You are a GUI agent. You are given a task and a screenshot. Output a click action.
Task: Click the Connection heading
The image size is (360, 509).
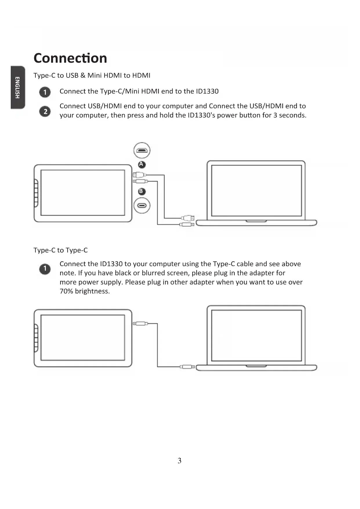click(70, 58)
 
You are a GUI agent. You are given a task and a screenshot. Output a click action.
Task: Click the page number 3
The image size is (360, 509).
click(180, 461)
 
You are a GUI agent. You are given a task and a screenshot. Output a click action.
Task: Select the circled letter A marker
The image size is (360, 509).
click(141, 164)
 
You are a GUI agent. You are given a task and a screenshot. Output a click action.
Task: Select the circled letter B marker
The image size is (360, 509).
click(141, 191)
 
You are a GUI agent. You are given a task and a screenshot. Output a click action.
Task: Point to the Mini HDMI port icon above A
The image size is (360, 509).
click(142, 151)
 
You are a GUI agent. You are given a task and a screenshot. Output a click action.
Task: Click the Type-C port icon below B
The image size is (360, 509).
click(142, 205)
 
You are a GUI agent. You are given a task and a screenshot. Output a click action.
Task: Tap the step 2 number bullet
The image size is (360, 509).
click(45, 111)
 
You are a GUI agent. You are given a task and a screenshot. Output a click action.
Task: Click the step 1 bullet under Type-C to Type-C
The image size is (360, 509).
click(45, 269)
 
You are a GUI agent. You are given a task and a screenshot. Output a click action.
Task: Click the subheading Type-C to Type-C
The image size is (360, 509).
click(60, 250)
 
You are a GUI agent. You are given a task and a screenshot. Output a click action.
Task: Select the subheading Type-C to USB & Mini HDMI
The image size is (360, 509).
click(92, 75)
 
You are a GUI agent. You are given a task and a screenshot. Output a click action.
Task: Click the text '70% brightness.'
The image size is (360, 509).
click(85, 291)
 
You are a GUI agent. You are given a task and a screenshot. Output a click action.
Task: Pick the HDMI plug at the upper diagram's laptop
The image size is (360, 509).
click(187, 218)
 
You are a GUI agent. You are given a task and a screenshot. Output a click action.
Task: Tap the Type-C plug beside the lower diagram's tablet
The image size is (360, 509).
click(140, 324)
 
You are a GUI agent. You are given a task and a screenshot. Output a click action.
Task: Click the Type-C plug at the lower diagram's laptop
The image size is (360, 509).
click(187, 367)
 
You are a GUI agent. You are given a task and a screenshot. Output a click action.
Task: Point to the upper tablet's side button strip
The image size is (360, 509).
click(36, 193)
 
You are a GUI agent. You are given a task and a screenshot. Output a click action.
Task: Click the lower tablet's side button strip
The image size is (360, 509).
click(36, 338)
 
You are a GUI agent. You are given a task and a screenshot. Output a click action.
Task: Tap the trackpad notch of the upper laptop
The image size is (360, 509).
click(256, 221)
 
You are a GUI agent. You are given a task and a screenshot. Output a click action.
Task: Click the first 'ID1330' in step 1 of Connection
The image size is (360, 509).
click(207, 91)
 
